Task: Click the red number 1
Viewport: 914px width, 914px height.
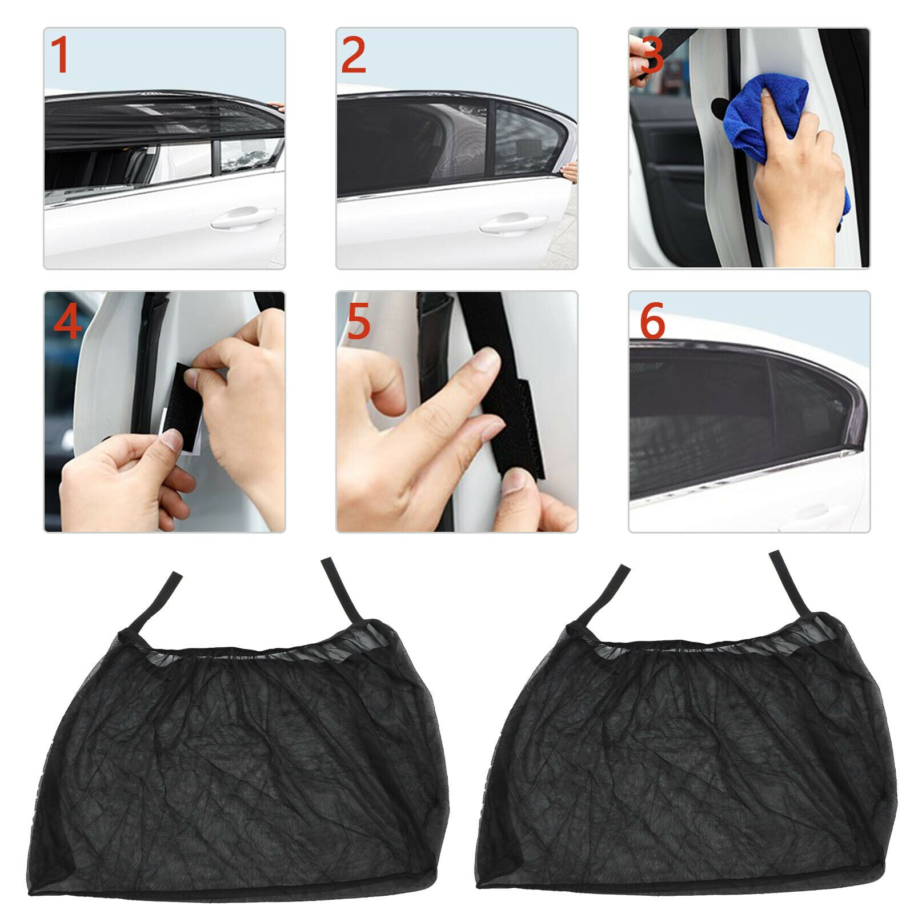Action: point(60,55)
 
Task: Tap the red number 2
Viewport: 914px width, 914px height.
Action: point(353,55)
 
